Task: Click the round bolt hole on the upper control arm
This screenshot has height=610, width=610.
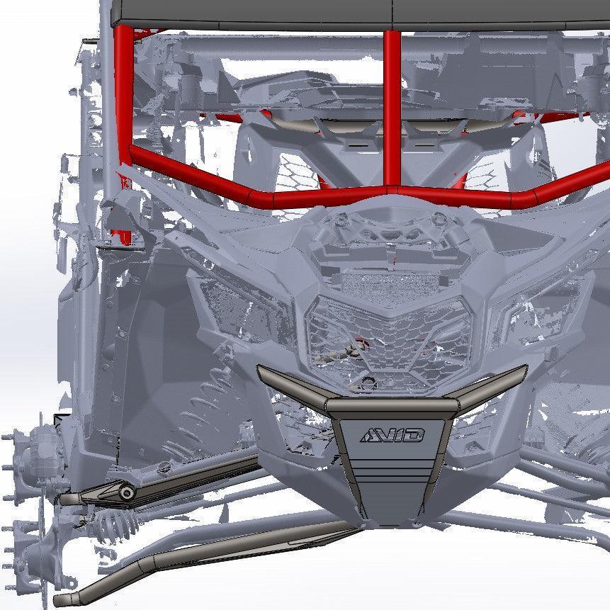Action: (125, 492)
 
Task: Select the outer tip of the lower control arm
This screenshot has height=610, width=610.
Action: (78, 594)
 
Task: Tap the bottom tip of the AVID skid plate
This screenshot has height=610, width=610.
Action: (390, 521)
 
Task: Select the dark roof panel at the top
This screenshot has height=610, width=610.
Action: (354, 11)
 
